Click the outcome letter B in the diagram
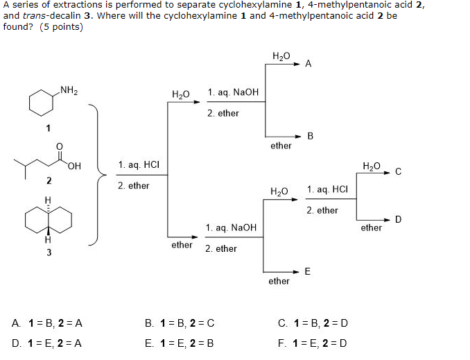point(310,136)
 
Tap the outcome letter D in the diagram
point(398,219)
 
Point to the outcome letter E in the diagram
point(308,271)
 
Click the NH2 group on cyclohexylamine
point(69,89)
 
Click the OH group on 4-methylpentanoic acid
point(74,165)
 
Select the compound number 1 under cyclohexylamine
point(48,128)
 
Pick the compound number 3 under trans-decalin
point(49,252)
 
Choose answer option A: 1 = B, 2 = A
point(48,323)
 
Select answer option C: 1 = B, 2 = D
point(313,323)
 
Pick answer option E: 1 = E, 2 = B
point(180,343)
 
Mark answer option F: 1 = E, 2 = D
point(313,343)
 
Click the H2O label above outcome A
point(281,55)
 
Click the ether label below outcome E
point(279,281)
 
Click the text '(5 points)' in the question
point(60,27)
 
